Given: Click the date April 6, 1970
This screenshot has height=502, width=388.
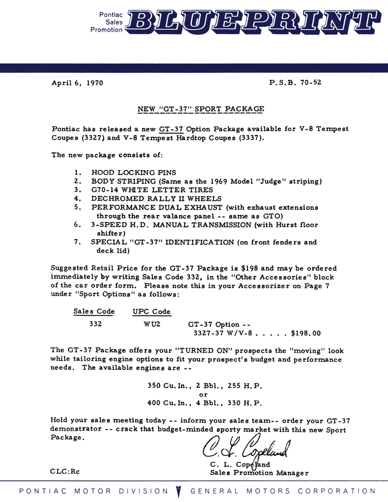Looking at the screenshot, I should point(77,83).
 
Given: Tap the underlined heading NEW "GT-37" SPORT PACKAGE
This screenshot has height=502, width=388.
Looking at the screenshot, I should point(201,109).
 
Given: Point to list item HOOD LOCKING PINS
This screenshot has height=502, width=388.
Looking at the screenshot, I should point(134,172).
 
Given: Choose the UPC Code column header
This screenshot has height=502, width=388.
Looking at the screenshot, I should point(152,312).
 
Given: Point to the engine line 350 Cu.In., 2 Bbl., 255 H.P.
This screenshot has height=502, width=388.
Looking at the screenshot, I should point(205,386).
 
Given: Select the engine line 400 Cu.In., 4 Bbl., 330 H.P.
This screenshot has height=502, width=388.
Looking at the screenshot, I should point(205,403).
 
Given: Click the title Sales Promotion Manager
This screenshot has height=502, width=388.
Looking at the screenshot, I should point(260,472).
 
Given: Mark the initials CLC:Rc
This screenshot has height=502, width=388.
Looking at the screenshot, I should point(66,472).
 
